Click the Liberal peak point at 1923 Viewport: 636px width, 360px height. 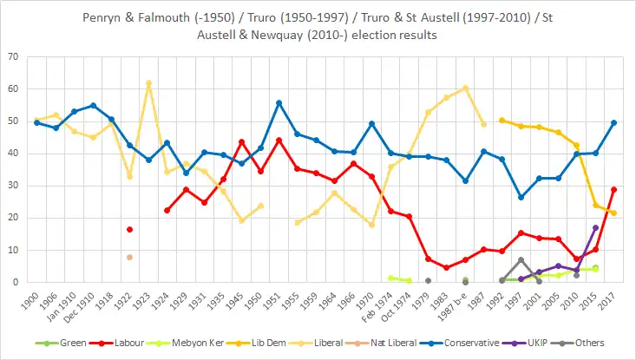point(148,83)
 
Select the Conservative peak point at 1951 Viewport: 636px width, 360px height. point(279,102)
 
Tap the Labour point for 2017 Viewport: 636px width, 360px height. point(613,189)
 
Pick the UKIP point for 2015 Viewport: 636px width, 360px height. point(595,227)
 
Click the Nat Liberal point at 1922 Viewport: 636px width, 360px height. point(130,257)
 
